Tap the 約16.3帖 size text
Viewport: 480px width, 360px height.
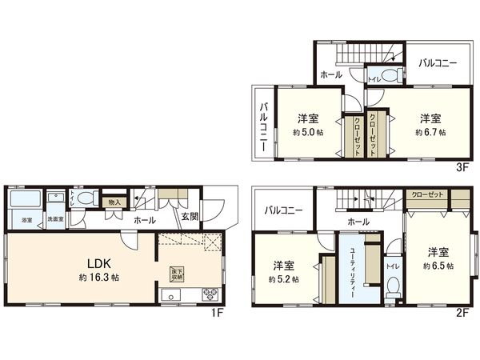pyautogui.click(x=99, y=278)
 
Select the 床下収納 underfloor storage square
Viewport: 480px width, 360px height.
pyautogui.click(x=176, y=272)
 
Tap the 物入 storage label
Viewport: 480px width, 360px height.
pyautogui.click(x=114, y=203)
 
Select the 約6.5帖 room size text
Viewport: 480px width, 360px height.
pyautogui.click(x=439, y=266)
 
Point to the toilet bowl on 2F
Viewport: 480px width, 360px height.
pyautogui.click(x=391, y=286)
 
